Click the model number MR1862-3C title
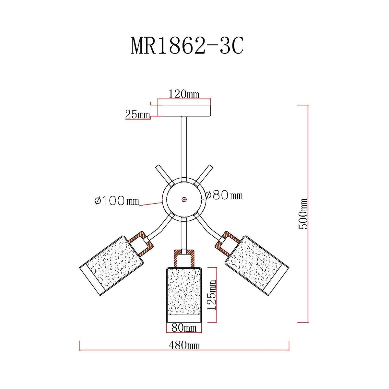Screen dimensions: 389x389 pyautogui.click(x=187, y=46)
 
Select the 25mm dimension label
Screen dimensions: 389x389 pyautogui.click(x=137, y=114)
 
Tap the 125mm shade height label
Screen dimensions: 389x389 pyautogui.click(x=212, y=295)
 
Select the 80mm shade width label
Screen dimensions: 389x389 pyautogui.click(x=184, y=328)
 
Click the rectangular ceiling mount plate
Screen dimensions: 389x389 pyautogui.click(x=184, y=111)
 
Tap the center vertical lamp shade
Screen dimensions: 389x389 pyautogui.click(x=184, y=292)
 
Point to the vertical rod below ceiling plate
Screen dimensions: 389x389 pyautogui.click(x=184, y=146)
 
